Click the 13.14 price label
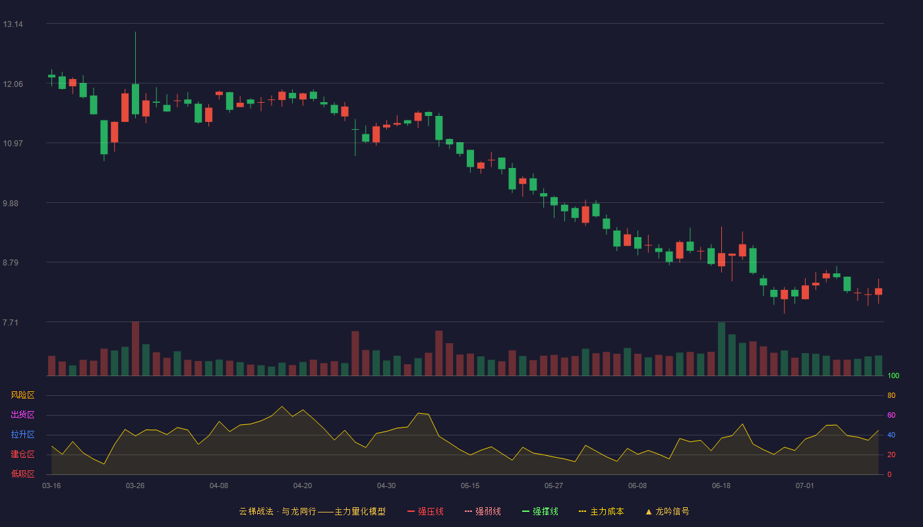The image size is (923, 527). (x=13, y=24)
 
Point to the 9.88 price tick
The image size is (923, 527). (x=11, y=204)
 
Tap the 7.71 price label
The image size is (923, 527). (x=11, y=322)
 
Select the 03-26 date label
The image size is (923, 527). (x=135, y=486)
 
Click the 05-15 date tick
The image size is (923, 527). (x=470, y=486)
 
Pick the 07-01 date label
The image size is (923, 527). (x=805, y=486)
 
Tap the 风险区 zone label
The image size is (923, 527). (x=22, y=395)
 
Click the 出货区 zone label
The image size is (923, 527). (x=22, y=414)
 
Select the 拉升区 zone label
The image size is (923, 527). (x=22, y=434)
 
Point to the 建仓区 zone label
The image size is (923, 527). (x=22, y=454)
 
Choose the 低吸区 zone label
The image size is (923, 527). (x=22, y=474)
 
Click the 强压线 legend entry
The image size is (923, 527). (x=426, y=511)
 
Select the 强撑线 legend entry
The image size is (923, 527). (x=540, y=511)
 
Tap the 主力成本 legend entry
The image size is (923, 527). (x=601, y=511)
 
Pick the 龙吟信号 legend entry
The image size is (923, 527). (x=667, y=511)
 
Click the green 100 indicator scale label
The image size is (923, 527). (x=893, y=375)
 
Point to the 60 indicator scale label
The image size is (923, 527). (x=891, y=415)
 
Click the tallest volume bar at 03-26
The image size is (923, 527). (x=135, y=348)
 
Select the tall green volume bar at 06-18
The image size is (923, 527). (x=721, y=349)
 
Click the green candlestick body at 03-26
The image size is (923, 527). (x=135, y=99)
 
